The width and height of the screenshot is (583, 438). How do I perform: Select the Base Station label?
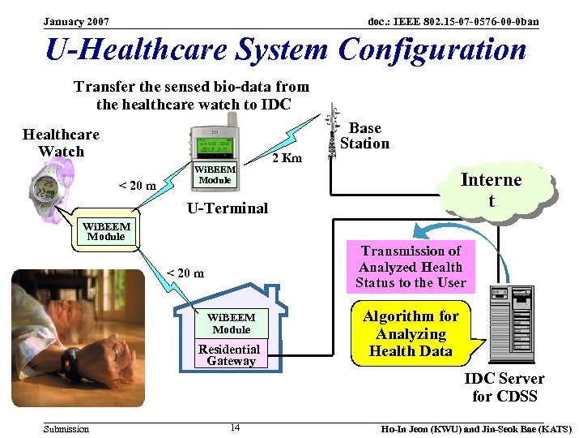[x=364, y=135]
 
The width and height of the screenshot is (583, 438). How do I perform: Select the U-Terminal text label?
[x=227, y=208]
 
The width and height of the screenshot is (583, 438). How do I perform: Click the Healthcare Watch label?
[x=61, y=143]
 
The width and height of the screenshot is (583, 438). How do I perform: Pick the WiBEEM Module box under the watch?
[x=105, y=231]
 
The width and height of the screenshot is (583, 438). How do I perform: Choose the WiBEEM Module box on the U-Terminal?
[x=215, y=174]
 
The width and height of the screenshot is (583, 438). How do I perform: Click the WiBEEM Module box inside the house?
[x=232, y=324]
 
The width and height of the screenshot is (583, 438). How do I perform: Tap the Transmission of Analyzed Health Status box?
[x=411, y=267]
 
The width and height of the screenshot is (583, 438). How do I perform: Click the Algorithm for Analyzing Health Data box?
[x=411, y=333]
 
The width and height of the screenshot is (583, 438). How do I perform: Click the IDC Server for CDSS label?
[x=504, y=387]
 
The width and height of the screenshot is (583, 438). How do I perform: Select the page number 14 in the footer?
[x=234, y=427]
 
